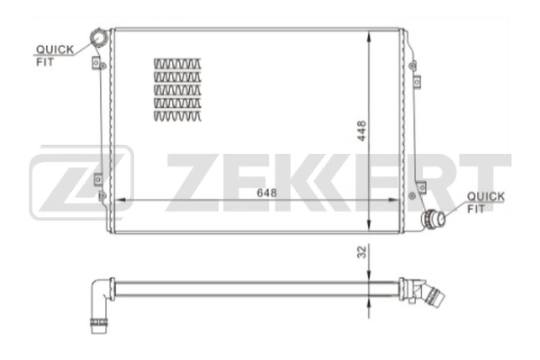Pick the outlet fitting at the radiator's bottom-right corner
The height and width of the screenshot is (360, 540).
[436, 218]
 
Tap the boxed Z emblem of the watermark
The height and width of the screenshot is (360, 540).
[81, 184]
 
